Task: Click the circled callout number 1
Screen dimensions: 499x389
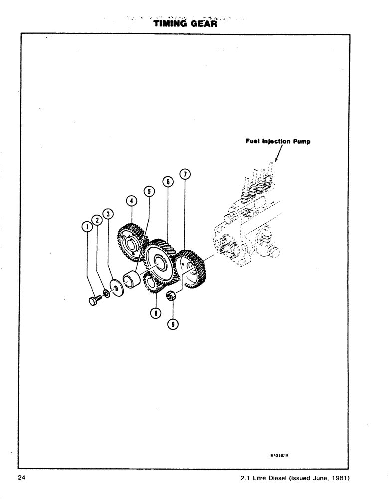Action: [87, 227]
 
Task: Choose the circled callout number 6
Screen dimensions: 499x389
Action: [167, 182]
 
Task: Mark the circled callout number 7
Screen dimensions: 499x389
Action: [185, 174]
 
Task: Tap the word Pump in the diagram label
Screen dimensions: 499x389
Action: [301, 141]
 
